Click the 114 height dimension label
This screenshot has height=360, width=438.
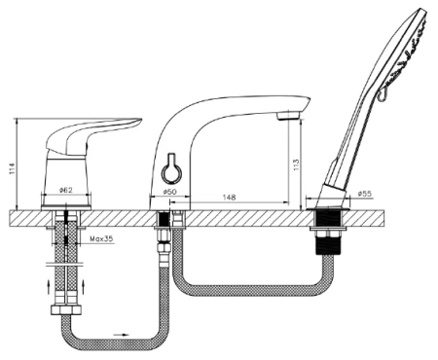point(12,168)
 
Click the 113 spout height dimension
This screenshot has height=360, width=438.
point(296,165)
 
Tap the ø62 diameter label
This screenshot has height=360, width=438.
point(66,191)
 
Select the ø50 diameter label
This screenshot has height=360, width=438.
point(169,192)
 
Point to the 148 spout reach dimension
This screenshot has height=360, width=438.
point(229,198)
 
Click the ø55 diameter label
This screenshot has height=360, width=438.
point(365,194)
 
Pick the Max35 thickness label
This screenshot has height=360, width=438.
point(101,239)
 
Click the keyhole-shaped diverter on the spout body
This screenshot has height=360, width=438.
point(170,169)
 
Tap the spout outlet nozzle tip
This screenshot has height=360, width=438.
point(288,116)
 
